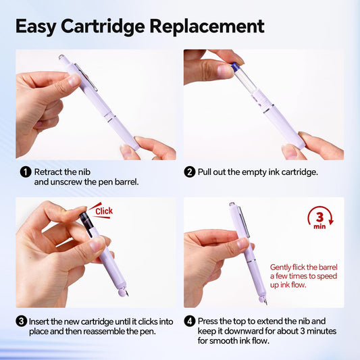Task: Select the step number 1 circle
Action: coord(26,172)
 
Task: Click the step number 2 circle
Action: coord(190,172)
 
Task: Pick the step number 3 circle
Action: coord(22,322)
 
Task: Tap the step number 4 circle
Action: coord(190,322)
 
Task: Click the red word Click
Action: coord(104,211)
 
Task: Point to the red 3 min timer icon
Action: coord(320,219)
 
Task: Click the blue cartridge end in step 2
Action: coord(234,66)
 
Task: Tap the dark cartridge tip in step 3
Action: coord(84,217)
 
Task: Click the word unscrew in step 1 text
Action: coord(66,182)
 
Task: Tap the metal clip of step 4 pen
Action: coord(244,222)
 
